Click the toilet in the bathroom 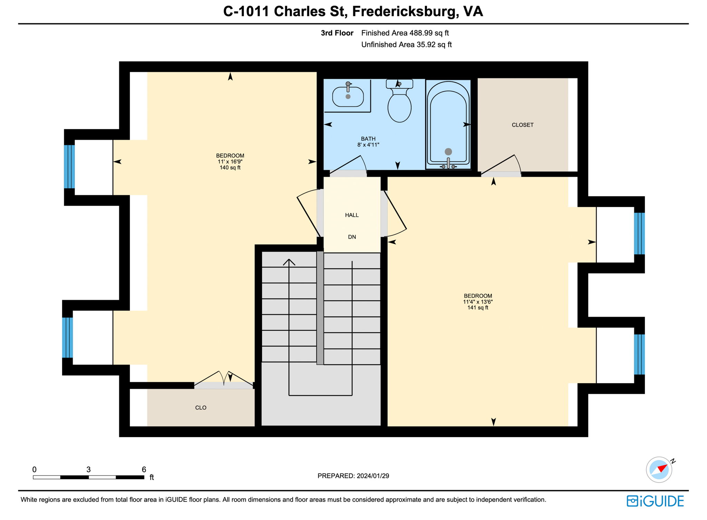[399, 104]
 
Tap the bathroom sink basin [348, 97]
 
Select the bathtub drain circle [448, 151]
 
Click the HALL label [352, 215]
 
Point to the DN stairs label [352, 237]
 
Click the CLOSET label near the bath [522, 125]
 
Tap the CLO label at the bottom [201, 408]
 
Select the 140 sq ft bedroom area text [230, 168]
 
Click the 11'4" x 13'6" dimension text [478, 302]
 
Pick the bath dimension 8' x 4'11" [368, 145]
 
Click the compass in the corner [659, 470]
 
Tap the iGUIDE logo [655, 501]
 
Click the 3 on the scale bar [88, 470]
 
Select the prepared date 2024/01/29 [373, 476]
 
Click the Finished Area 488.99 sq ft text [405, 33]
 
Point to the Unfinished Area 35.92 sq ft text [406, 45]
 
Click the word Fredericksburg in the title [405, 11]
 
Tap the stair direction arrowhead [289, 262]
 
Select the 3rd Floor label [337, 33]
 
